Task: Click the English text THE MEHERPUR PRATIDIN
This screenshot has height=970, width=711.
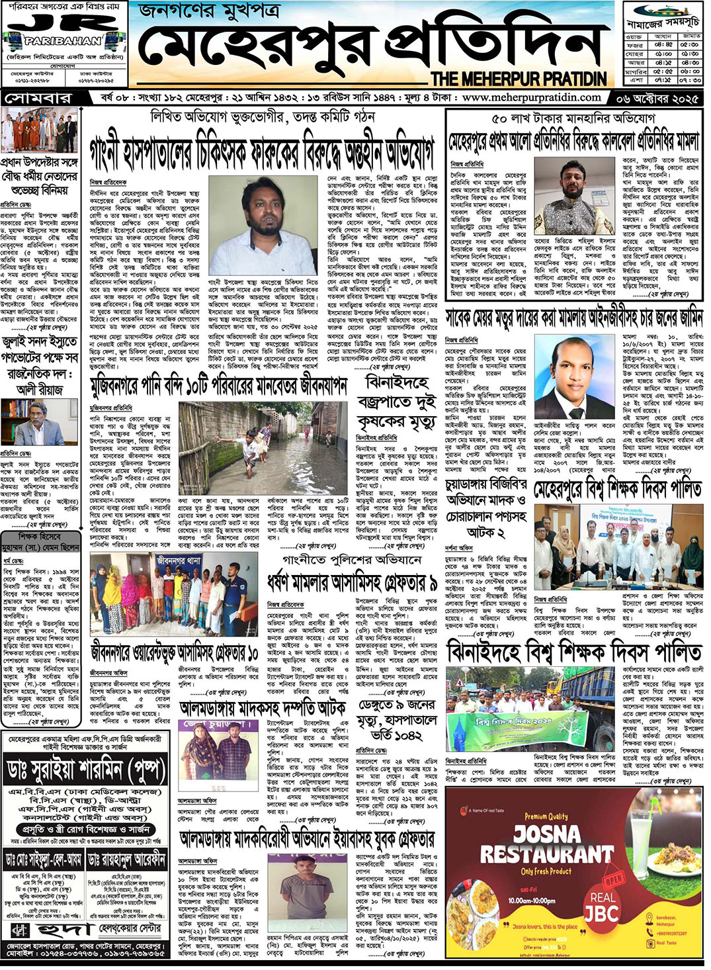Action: tap(519, 79)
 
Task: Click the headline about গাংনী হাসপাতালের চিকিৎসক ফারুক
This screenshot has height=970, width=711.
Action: tap(262, 150)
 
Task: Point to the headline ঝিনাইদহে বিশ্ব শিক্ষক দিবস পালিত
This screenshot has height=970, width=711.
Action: tap(573, 652)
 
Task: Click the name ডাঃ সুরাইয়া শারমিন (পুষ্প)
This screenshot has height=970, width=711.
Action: tap(85, 770)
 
